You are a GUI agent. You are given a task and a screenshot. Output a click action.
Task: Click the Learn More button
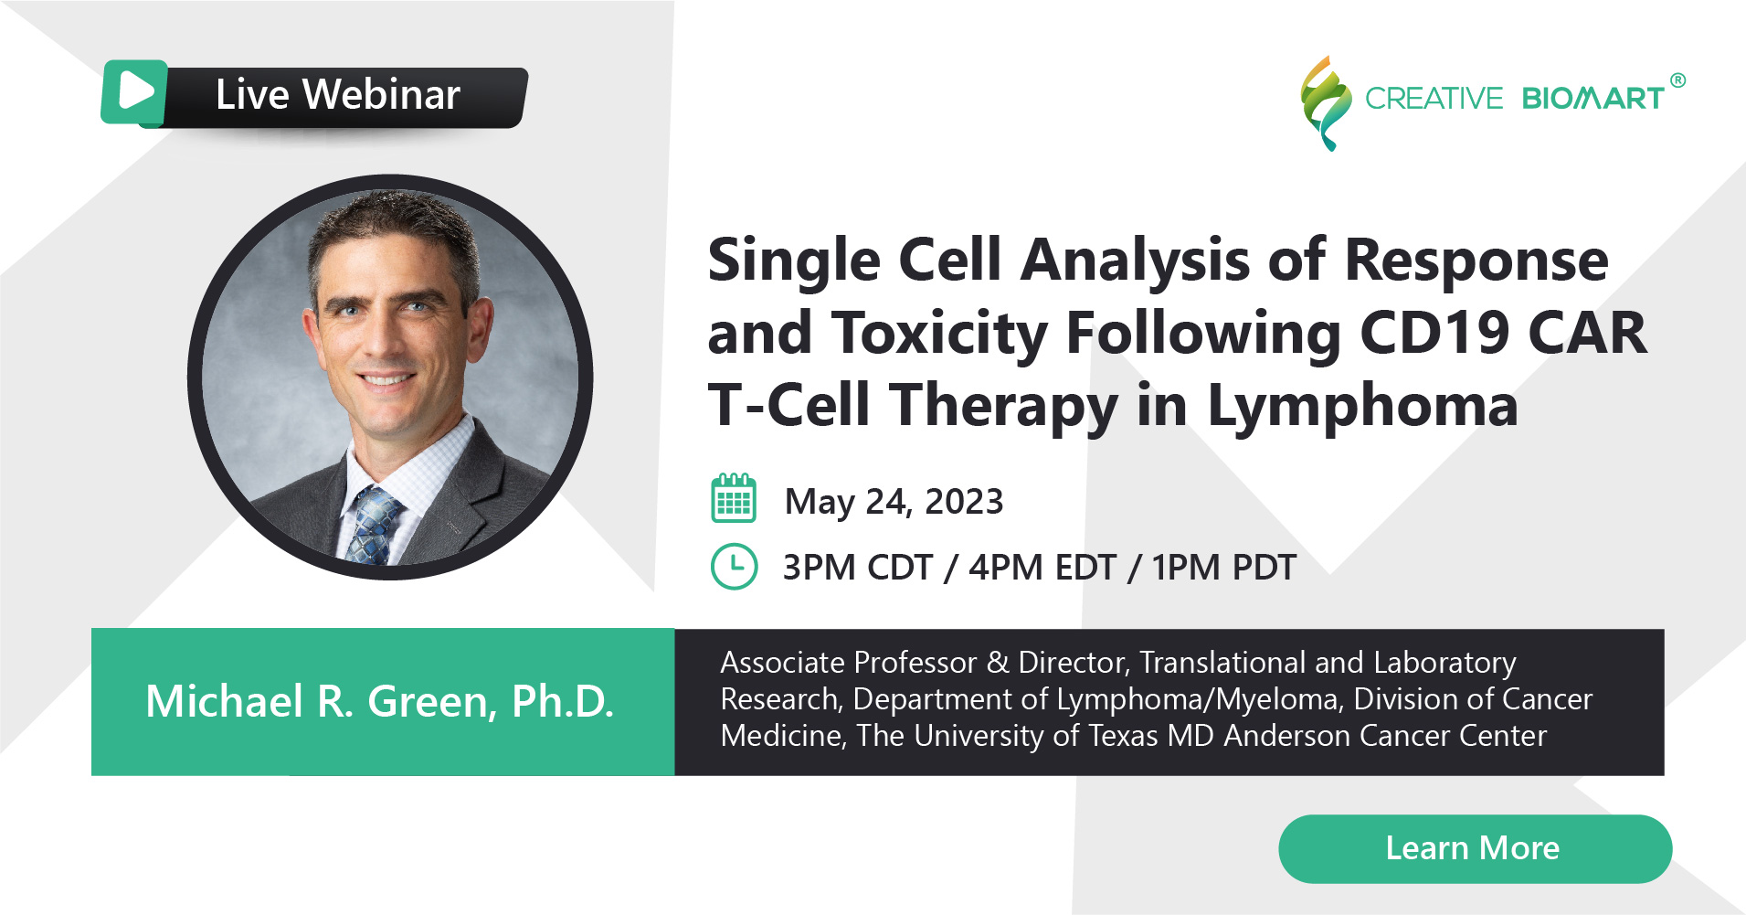coord(1475,848)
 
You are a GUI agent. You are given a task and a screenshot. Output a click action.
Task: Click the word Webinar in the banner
coord(381,94)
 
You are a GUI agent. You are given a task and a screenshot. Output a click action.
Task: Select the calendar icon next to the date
coord(734,498)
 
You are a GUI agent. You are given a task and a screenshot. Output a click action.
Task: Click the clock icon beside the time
coord(734,567)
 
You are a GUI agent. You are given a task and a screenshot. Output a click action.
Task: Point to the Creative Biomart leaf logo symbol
coord(1326,103)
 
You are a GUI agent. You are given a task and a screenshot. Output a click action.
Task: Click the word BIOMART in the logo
coord(1593,98)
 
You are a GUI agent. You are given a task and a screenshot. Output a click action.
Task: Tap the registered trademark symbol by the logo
coord(1677,80)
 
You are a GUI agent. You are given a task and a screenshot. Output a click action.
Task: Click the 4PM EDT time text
coord(1042,568)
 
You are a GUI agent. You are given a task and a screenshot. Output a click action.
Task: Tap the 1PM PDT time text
coord(1223,568)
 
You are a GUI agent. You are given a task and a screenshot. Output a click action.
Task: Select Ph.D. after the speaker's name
coord(563,702)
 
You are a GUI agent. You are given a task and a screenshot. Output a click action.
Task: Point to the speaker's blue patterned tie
coord(376,526)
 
